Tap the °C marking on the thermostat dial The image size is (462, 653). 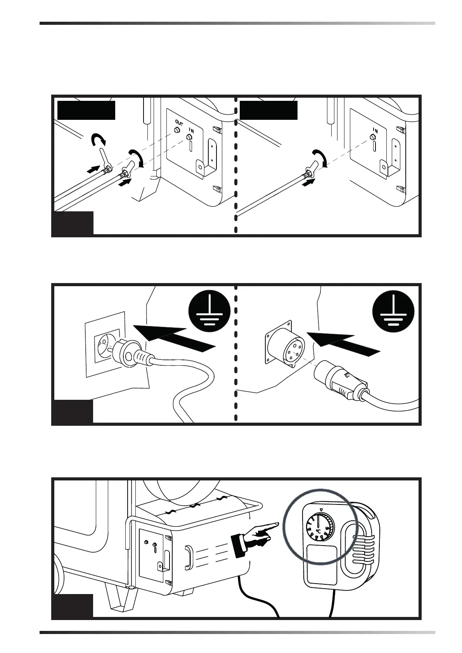click(318, 530)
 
